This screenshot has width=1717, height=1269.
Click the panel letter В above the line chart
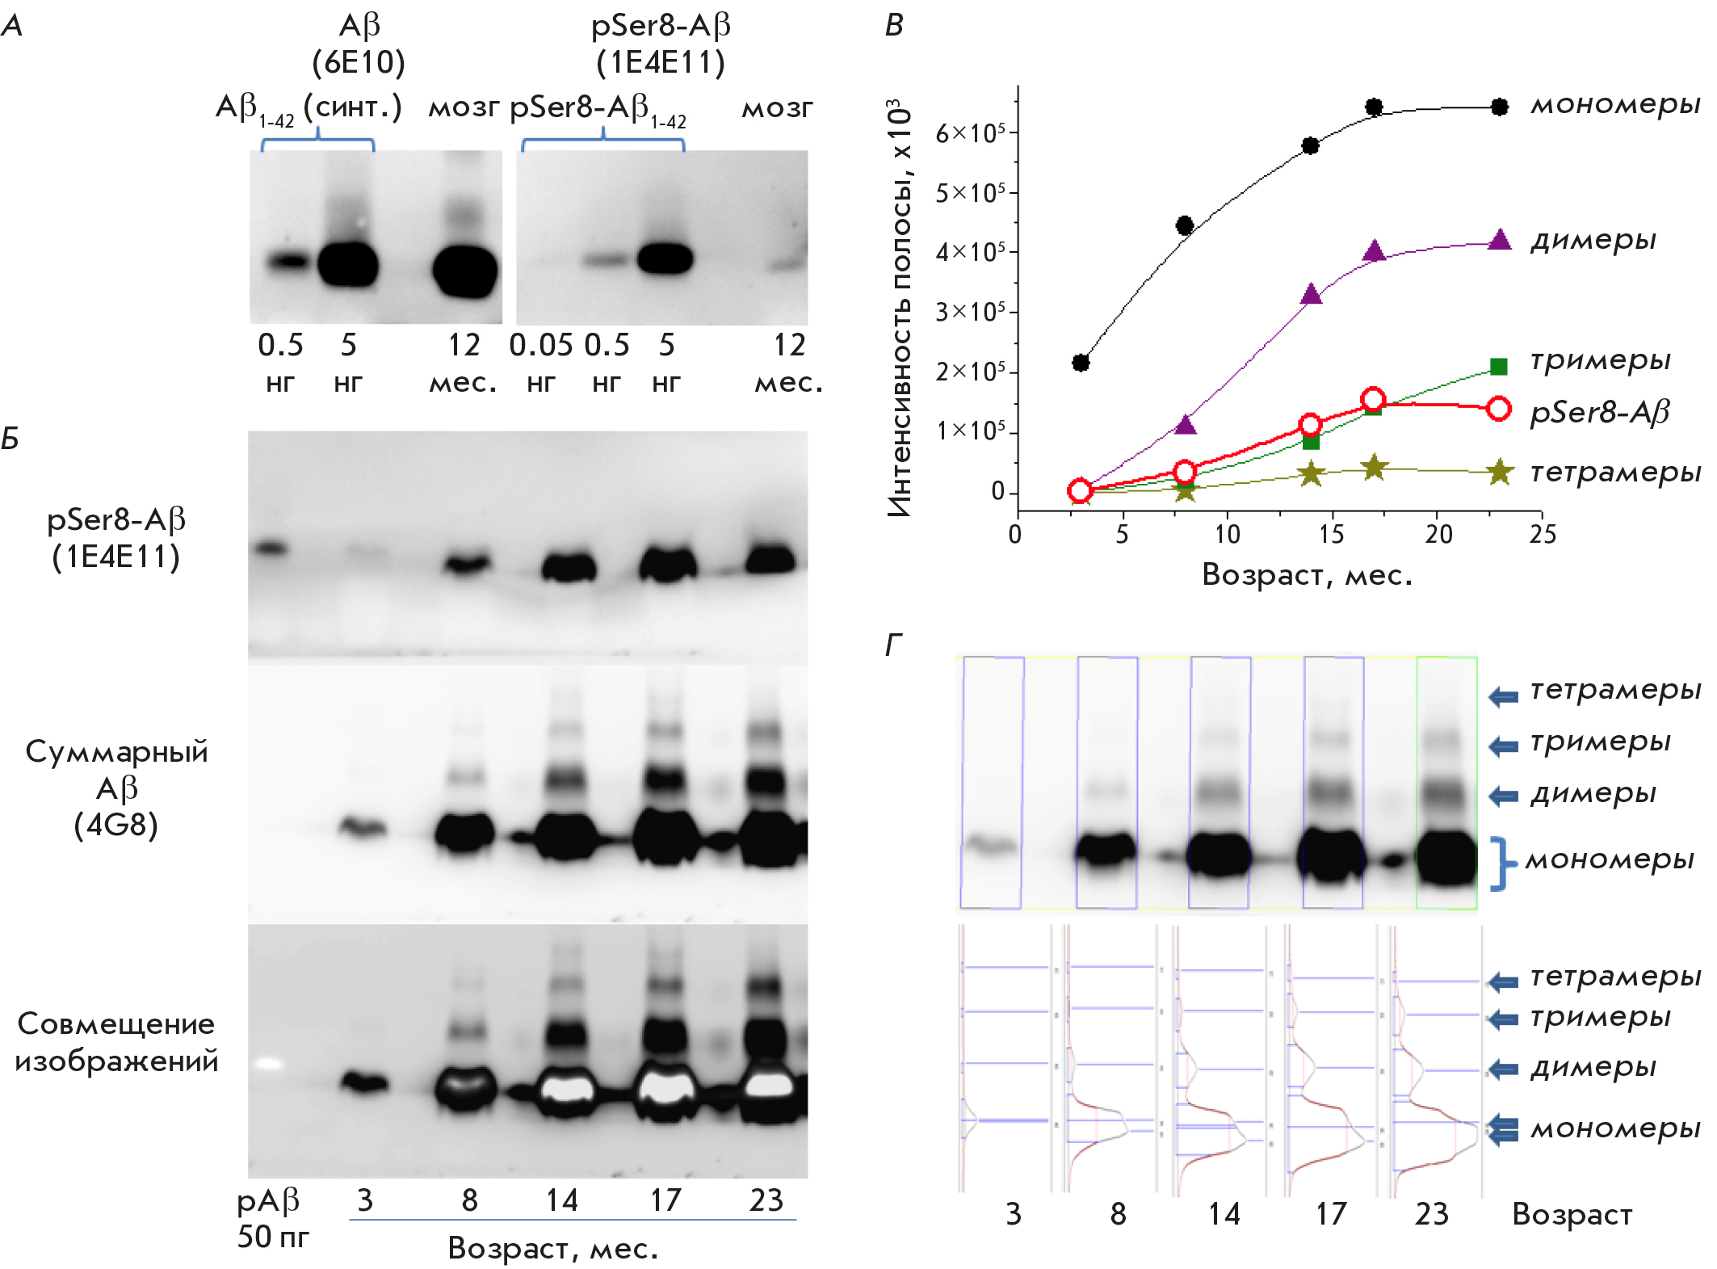pos(894,25)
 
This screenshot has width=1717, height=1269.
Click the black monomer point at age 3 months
pos(1081,363)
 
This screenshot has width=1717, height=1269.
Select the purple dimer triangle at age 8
pos(1185,424)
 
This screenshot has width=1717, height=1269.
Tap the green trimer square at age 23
pos(1499,367)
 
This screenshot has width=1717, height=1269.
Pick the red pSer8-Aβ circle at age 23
pos(1499,409)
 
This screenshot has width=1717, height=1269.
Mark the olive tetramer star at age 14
pos(1311,473)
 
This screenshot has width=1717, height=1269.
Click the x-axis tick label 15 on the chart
pos(1331,534)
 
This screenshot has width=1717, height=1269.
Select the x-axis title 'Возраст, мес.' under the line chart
pos(1307,574)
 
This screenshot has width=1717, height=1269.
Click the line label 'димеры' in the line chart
pos(1593,240)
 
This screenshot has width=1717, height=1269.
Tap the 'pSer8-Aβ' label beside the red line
pos(1599,412)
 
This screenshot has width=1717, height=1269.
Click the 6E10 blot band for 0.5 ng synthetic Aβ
pos(288,261)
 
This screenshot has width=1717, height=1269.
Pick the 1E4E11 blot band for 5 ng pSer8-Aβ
pos(665,259)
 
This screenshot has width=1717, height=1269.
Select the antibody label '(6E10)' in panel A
pos(359,62)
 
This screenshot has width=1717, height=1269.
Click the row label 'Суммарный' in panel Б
pos(116,751)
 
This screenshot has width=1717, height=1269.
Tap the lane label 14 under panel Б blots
pos(561,1200)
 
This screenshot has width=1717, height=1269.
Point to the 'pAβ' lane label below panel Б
pos(267,1201)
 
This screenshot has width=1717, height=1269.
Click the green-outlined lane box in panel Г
pos(1446,782)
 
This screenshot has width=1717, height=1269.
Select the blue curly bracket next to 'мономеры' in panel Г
pos(1500,864)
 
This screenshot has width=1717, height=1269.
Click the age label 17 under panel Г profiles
pos(1331,1214)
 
